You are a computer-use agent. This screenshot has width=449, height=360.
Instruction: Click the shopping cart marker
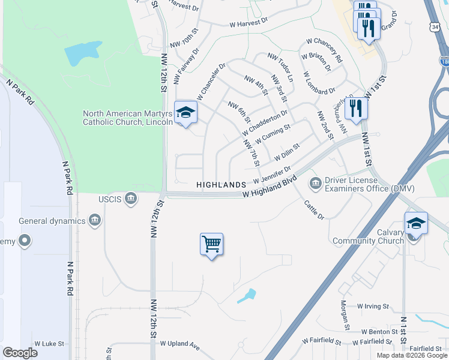pos(211,244)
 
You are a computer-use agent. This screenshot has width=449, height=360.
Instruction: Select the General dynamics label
pos(52,221)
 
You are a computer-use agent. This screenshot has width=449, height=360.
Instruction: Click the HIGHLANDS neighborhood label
pos(221,185)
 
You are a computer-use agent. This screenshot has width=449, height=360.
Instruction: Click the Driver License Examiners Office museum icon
pos(315,182)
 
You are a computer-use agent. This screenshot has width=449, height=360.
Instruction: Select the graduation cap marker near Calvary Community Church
pos(416,224)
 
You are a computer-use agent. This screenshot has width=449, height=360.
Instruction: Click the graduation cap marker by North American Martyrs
pos(185,112)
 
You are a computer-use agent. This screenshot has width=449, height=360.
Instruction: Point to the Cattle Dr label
pos(314,209)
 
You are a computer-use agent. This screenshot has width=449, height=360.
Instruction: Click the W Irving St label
pos(373,307)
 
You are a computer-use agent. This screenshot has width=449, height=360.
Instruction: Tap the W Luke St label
pos(49,344)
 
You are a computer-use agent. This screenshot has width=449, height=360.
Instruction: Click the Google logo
pos(20,353)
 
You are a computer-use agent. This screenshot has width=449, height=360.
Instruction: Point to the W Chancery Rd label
pos(324,51)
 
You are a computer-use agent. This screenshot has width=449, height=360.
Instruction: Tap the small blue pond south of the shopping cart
pos(247,296)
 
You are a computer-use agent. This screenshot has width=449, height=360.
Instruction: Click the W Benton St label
pos(379,331)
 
